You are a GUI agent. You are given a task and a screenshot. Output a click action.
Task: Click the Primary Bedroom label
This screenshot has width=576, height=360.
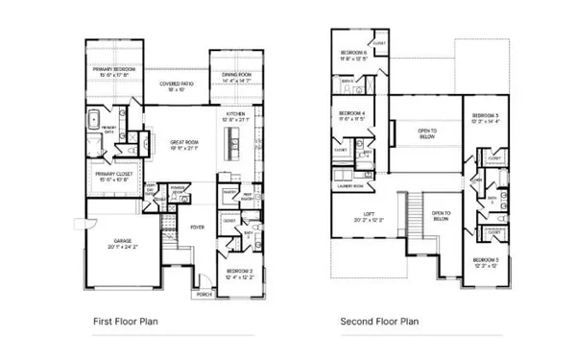(114, 70)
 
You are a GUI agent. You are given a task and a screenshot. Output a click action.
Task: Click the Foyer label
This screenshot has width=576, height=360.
(198, 227)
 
